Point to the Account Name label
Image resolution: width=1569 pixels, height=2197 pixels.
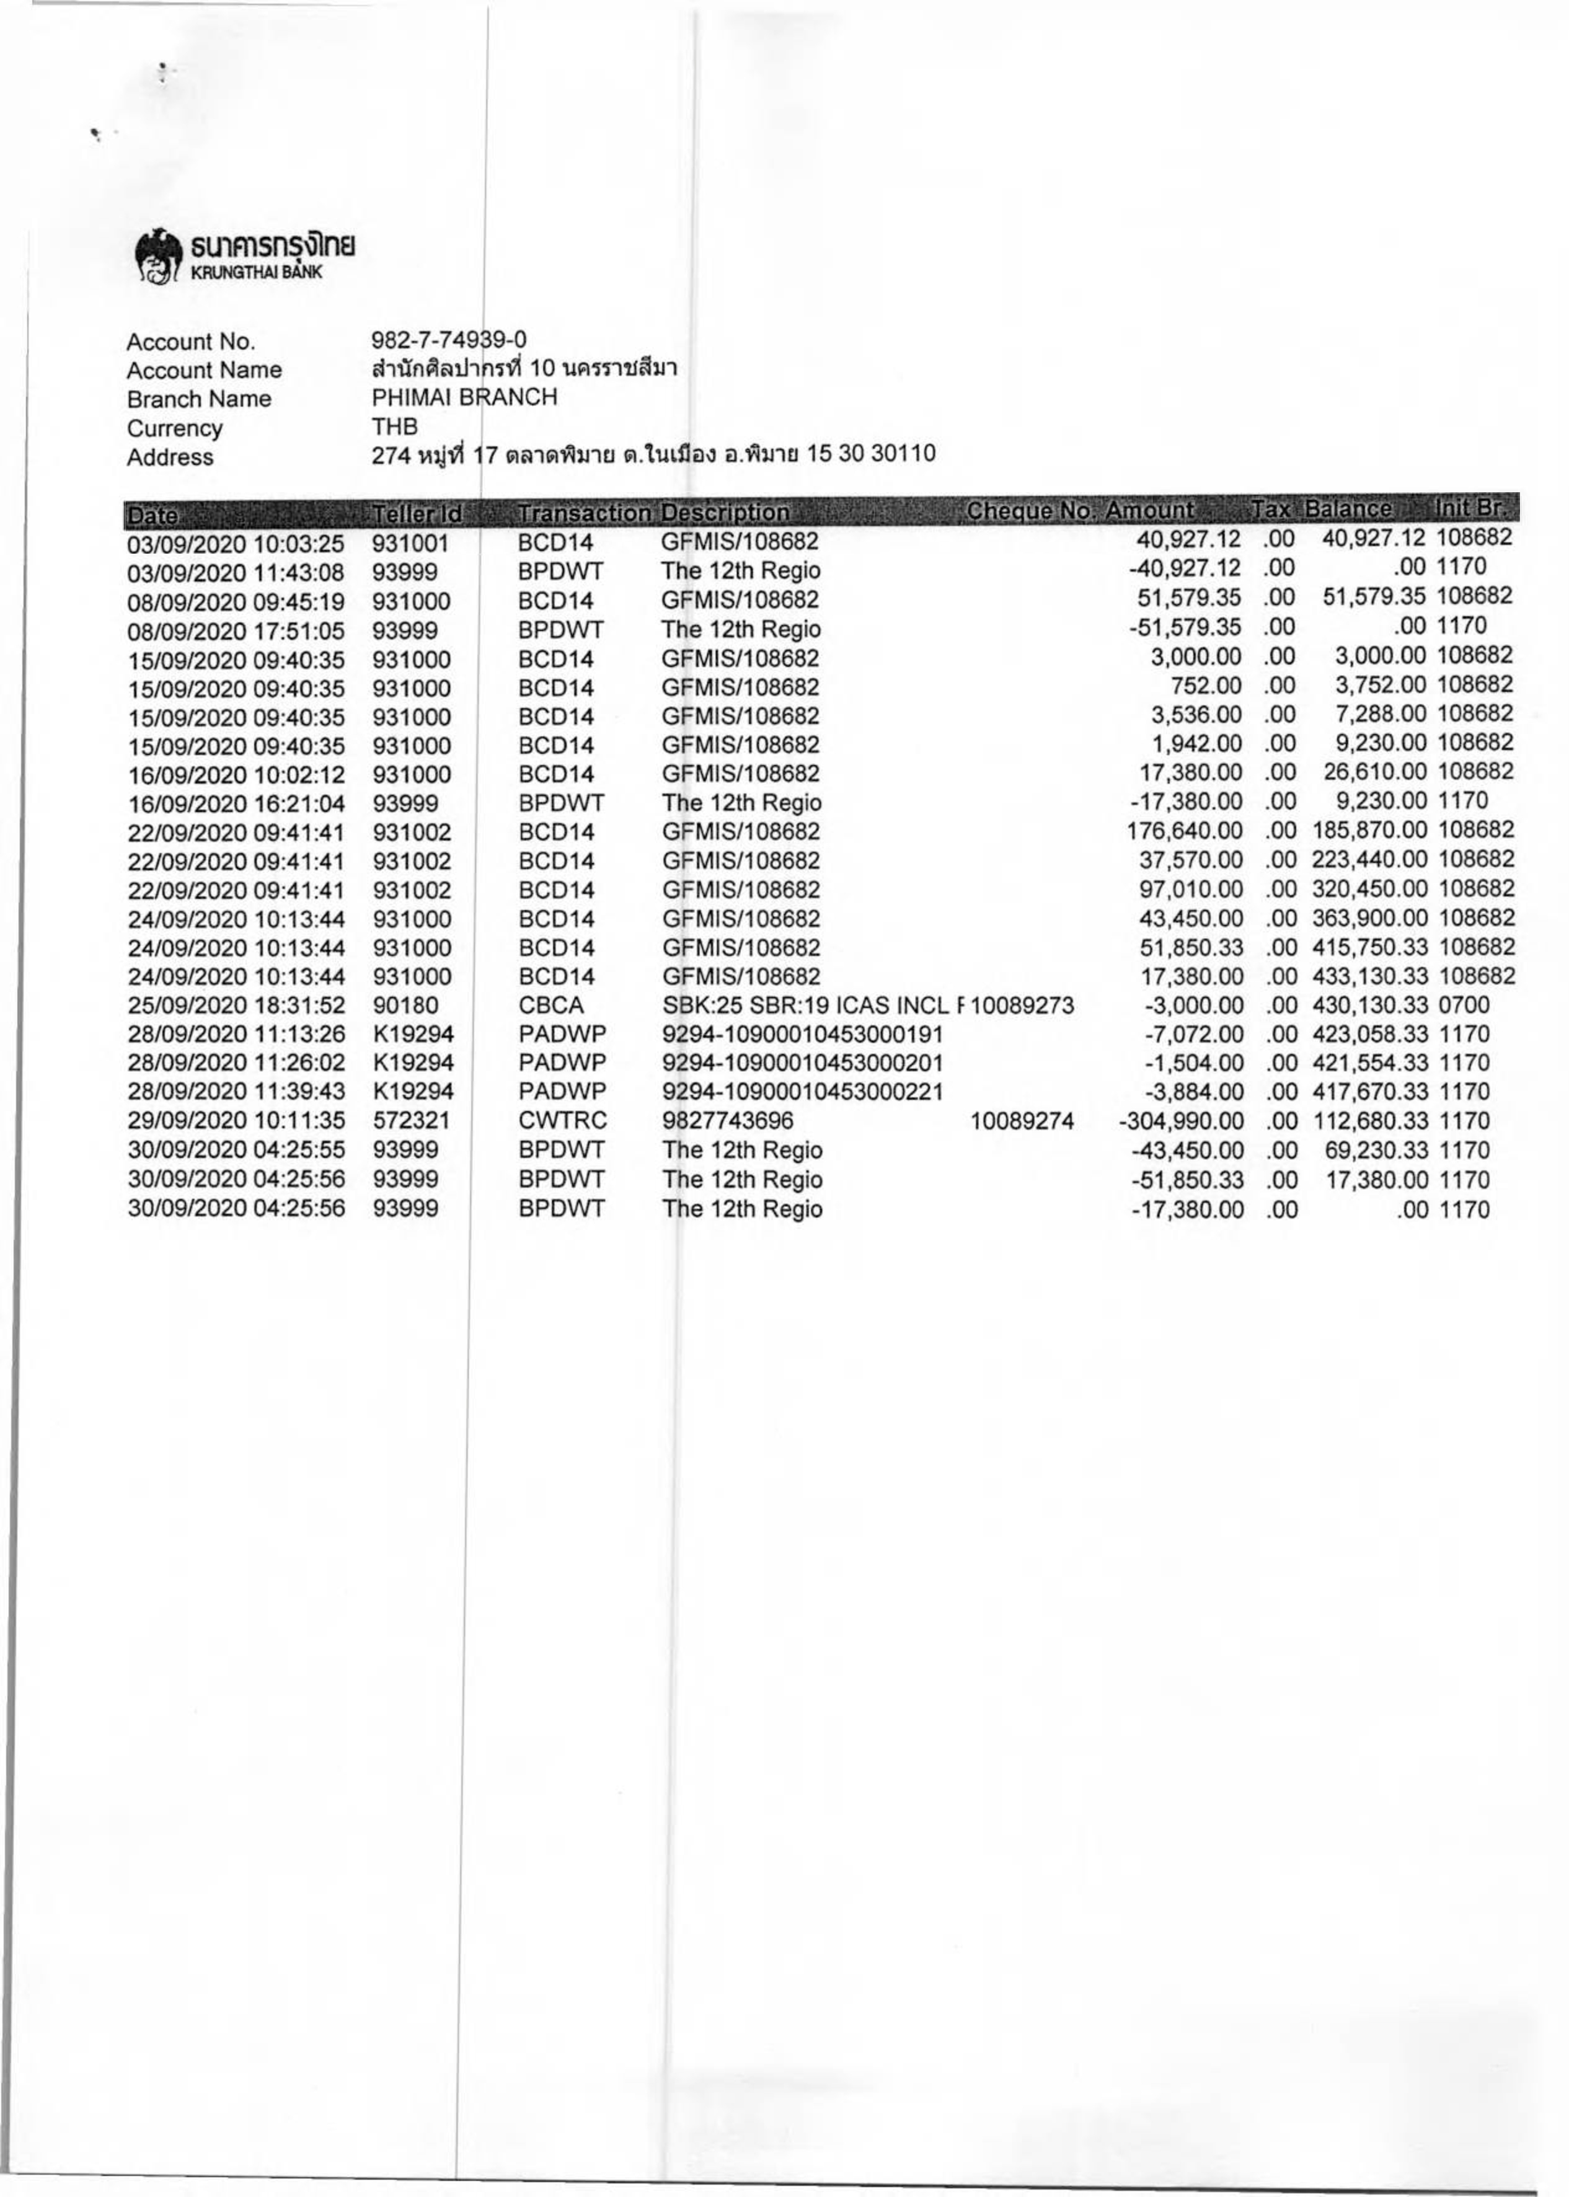click(204, 370)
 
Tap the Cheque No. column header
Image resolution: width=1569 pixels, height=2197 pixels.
click(1031, 511)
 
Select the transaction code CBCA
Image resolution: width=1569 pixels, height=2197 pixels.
click(550, 1006)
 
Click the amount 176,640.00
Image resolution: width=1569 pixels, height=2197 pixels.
click(1185, 831)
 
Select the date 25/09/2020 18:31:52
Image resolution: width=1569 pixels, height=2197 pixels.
click(236, 1006)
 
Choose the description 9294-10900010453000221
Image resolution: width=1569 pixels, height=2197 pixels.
click(802, 1093)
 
